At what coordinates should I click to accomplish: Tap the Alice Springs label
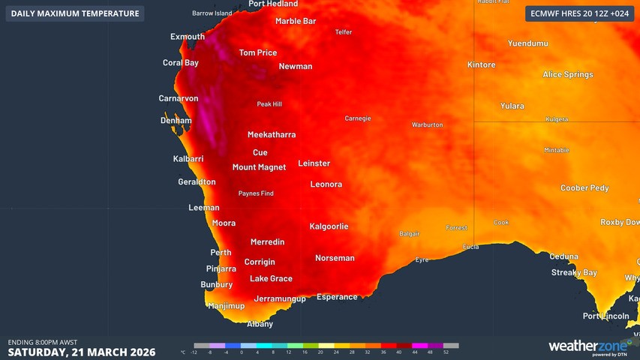pos(568,74)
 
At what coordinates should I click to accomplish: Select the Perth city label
pos(221,253)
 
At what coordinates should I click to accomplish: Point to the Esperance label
pos(337,297)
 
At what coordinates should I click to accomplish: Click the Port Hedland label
pos(273,4)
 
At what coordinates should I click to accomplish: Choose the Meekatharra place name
pos(272,135)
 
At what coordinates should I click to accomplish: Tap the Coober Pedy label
pos(584,188)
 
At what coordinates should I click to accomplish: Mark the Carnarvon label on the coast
pos(179,98)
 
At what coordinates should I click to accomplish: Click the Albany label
pos(260,324)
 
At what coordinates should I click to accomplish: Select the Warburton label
pos(427,124)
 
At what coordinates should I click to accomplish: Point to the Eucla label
pos(470,247)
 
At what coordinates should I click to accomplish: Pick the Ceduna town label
pos(563,256)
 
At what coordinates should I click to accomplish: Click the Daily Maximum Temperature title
pos(74,13)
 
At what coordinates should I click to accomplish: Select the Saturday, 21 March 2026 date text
pos(81,352)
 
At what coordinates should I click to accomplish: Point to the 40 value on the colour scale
pos(399,352)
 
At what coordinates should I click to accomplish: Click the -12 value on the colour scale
pos(194,352)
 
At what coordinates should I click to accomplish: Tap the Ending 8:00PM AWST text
pos(43,342)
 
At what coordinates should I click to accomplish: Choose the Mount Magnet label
pos(259,167)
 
